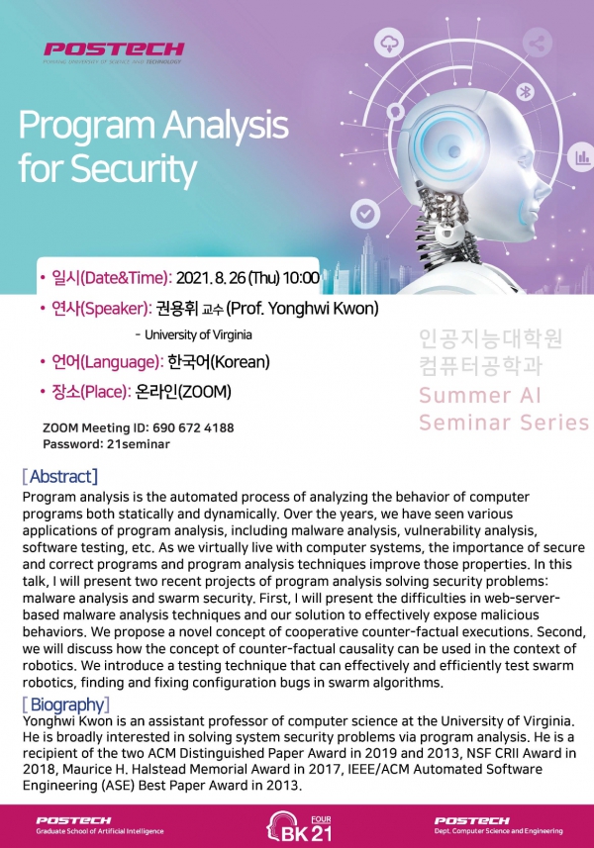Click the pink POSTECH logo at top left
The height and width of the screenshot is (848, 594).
(x=114, y=51)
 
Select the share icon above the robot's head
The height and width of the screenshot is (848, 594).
(x=538, y=44)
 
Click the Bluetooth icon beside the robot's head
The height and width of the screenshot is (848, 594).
(x=525, y=92)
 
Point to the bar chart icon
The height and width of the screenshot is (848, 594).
(x=582, y=157)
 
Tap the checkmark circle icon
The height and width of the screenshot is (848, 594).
(x=365, y=214)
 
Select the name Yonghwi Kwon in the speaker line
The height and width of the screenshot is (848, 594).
(x=323, y=309)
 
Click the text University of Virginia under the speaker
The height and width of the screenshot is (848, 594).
(x=198, y=334)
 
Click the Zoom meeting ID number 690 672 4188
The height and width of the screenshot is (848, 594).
(x=193, y=427)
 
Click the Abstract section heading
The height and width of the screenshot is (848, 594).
(x=60, y=477)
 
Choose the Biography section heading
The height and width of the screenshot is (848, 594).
(x=66, y=705)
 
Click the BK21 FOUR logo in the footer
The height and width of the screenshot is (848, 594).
(x=299, y=828)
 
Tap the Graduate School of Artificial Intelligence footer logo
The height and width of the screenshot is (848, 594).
(x=100, y=825)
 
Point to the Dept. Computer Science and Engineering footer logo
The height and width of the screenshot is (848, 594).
(x=498, y=825)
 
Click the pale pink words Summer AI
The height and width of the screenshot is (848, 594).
(x=480, y=396)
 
